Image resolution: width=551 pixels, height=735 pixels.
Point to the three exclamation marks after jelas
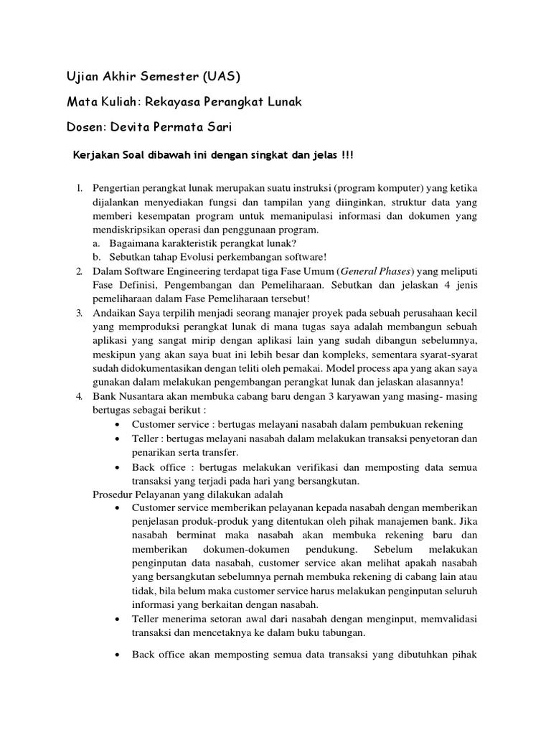tap(347, 156)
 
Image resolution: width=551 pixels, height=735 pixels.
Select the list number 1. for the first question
tap(80, 188)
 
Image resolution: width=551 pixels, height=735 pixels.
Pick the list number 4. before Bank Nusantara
tap(80, 397)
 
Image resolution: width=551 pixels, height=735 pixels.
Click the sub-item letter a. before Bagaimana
tap(97, 243)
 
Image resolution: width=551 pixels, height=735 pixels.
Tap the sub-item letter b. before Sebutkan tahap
tap(97, 257)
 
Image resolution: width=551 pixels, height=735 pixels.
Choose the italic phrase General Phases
tap(377, 271)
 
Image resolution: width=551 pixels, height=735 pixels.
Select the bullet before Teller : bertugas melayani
tap(117, 439)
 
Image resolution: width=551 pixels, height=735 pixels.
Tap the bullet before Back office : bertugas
tap(117, 467)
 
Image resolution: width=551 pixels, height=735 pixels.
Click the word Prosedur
tap(113, 495)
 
